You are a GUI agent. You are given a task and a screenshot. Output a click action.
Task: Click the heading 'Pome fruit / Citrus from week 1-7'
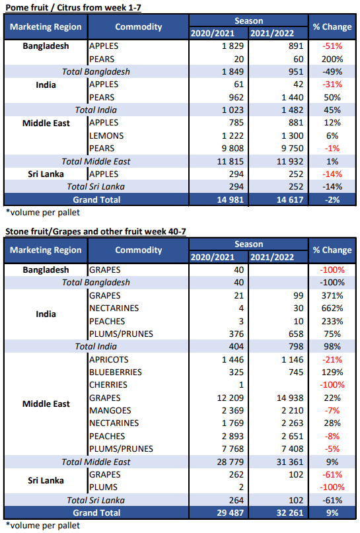point(73,7)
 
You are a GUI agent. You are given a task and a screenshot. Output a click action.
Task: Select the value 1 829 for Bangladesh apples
point(233,46)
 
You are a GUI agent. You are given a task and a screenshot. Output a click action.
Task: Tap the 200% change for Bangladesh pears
point(332,59)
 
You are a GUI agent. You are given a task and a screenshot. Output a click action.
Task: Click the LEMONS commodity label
point(106,135)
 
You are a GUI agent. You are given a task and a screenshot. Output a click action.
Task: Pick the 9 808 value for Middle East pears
point(233,148)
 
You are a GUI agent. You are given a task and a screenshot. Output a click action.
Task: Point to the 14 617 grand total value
point(290,199)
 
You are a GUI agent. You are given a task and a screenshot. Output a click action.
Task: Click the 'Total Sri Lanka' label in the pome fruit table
point(96,187)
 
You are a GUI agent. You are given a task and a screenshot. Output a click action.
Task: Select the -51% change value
point(332,46)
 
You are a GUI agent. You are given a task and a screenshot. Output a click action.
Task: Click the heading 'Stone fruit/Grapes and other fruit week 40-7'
point(96,231)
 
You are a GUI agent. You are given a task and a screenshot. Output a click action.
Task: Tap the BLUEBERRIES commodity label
point(116,373)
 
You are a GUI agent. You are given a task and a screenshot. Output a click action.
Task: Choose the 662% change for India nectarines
point(332,308)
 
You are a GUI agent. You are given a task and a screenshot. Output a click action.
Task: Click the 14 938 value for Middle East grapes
point(290,398)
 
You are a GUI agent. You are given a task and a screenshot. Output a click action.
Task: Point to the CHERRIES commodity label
point(108,385)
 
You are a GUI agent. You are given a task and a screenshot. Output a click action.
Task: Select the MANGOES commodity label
point(110,410)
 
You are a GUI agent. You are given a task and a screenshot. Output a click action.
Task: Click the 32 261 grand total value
point(290,513)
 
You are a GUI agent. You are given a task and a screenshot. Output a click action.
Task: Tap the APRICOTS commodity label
point(109,360)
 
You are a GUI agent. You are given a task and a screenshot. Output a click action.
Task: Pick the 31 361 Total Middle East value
point(290,462)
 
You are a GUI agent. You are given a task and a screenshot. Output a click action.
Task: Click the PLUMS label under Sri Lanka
point(103,487)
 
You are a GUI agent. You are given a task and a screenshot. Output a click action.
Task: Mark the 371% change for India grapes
point(332,295)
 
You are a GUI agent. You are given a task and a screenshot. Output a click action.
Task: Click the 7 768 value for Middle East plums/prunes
point(233,448)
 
